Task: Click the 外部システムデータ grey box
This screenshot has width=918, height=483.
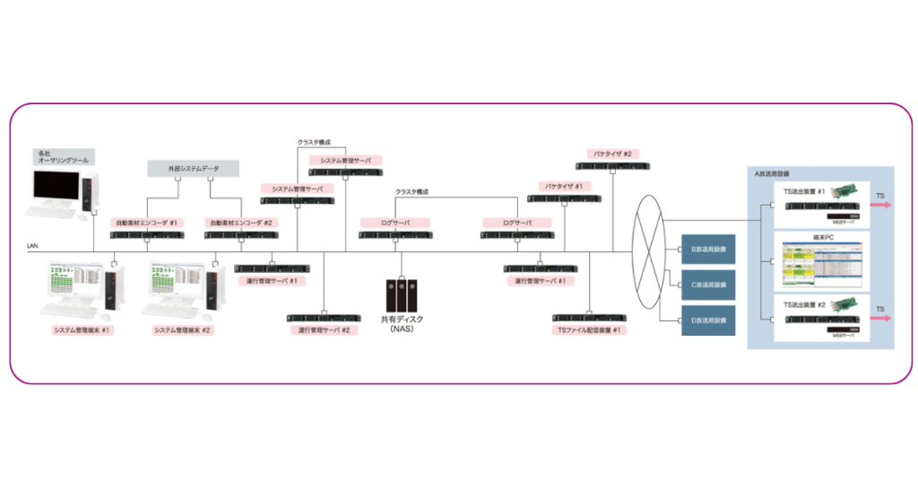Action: coord(194,168)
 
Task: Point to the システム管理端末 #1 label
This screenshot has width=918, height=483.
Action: coord(82,330)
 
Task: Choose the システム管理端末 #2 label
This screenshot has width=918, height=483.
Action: coord(183,330)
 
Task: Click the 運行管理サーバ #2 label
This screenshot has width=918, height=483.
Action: coord(324,330)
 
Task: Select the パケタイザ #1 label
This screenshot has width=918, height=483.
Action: coord(564,186)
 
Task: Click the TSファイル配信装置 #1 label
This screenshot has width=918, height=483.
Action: coord(589,330)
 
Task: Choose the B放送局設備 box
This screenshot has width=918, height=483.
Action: coord(708,249)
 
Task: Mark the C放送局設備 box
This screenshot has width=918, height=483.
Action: coord(708,285)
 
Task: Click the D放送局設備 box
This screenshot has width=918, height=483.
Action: coord(708,321)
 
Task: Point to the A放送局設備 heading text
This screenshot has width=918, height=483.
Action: coord(772,172)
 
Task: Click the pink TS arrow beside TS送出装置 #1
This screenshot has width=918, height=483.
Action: coord(883,206)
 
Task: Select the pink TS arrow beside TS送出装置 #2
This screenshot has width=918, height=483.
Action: coord(883,320)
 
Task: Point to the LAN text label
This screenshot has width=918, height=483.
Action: coord(34,244)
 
